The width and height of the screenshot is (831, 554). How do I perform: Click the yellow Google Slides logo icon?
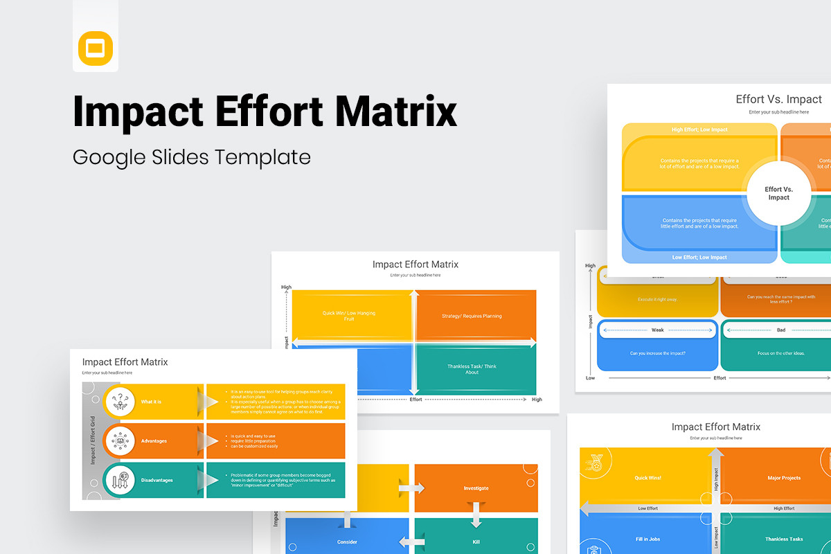[96, 48]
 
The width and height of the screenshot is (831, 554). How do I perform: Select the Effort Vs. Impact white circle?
[778, 193]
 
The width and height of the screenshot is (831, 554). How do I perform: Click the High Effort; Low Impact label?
[699, 129]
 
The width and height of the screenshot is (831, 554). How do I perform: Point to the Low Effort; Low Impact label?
[699, 258]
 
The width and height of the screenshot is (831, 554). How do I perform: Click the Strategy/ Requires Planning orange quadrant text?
[472, 316]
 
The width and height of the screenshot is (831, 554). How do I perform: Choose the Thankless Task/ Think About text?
[472, 369]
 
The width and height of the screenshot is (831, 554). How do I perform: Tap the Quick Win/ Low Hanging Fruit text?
[349, 316]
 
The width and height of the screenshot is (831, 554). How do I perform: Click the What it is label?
[152, 402]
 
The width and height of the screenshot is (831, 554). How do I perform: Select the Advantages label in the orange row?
[154, 441]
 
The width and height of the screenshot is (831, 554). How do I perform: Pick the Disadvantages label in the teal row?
[157, 480]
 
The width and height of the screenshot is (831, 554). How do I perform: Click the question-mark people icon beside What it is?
[120, 402]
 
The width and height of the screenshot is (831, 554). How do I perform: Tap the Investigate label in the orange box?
[476, 488]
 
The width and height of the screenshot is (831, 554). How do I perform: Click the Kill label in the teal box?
[476, 542]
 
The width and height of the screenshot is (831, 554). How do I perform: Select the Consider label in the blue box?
[347, 542]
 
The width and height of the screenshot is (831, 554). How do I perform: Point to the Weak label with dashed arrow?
[657, 330]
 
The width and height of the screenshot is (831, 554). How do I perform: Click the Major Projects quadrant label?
[784, 478]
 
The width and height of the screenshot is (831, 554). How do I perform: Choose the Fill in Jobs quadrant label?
[647, 539]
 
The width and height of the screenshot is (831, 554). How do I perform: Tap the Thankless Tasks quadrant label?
[784, 539]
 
